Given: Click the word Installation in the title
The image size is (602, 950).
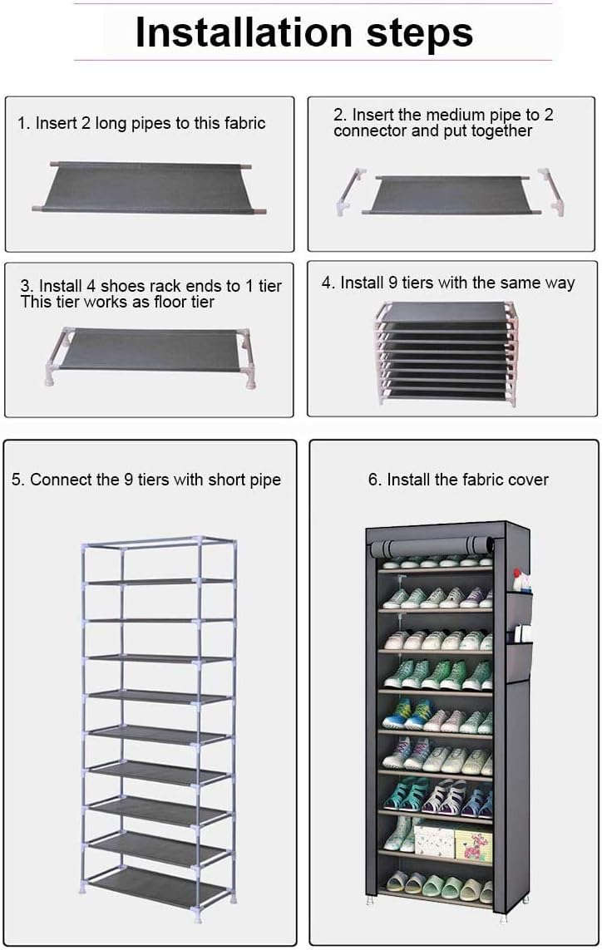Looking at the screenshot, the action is [244, 32].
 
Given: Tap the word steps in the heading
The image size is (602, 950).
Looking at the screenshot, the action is [420, 34].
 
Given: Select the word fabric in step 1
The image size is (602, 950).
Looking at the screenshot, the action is [245, 123].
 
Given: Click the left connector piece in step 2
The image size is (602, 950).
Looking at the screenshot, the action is [350, 191].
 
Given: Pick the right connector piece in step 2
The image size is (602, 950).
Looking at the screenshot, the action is [552, 191].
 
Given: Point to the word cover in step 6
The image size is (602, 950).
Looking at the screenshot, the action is [528, 480].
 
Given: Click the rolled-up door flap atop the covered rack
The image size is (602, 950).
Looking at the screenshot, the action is [432, 547].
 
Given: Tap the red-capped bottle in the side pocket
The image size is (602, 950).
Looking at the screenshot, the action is [518, 580].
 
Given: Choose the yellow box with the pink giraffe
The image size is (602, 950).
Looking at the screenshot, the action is [474, 844].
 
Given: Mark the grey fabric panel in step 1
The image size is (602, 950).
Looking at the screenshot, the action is [149, 187].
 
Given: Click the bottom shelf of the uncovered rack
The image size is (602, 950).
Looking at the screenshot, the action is [159, 887].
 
